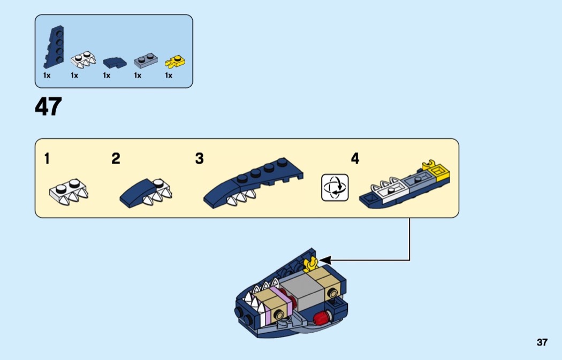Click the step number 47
pyautogui.click(x=48, y=106)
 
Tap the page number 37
pyautogui.click(x=542, y=342)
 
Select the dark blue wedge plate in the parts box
pyautogui.click(x=54, y=47)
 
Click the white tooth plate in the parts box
pyautogui.click(x=83, y=59)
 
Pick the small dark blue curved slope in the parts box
pyautogui.click(x=115, y=63)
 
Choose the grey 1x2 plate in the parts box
pyautogui.click(x=146, y=60)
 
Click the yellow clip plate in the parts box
pyautogui.click(x=175, y=62)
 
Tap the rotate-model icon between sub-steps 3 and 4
pyautogui.click(x=335, y=187)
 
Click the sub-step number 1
pyautogui.click(x=47, y=158)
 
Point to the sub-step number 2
pyautogui.click(x=116, y=158)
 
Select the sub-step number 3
pyautogui.click(x=199, y=158)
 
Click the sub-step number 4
pyautogui.click(x=355, y=158)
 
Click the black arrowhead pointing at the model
pyautogui.click(x=325, y=260)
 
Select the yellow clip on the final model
pyautogui.click(x=311, y=264)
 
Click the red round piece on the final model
pyautogui.click(x=321, y=317)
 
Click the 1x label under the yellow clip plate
pyautogui.click(x=169, y=75)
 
